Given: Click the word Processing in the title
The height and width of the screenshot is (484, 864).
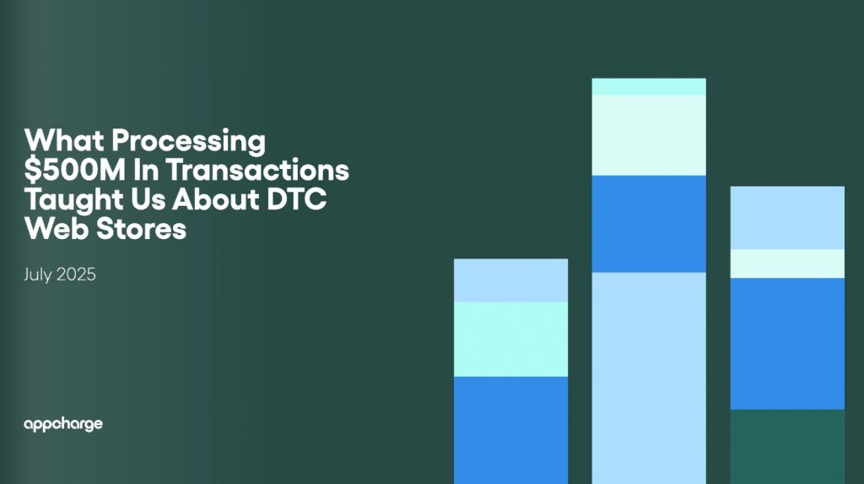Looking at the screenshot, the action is click(x=188, y=141).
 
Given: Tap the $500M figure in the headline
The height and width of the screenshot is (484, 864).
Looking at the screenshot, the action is click(x=75, y=170).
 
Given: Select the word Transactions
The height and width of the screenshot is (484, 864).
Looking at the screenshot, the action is click(x=258, y=170).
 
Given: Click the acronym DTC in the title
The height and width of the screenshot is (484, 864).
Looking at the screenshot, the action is click(x=296, y=199).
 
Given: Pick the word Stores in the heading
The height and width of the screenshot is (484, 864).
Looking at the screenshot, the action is click(x=142, y=228).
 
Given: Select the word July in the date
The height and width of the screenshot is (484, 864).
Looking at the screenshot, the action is click(x=37, y=275).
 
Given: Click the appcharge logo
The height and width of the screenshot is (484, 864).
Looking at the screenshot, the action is click(x=63, y=424).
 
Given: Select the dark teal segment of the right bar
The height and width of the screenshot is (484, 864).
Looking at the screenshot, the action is click(x=787, y=447).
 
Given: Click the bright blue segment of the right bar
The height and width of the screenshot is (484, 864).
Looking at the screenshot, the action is click(x=787, y=344).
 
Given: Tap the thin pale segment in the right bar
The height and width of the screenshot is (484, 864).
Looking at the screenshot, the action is click(x=787, y=264).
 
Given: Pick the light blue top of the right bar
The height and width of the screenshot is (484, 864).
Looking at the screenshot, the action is click(x=787, y=218).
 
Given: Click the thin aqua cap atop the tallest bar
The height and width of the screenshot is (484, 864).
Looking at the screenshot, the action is click(x=649, y=87).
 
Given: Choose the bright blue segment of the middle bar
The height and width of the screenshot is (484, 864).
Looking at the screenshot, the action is click(x=649, y=224).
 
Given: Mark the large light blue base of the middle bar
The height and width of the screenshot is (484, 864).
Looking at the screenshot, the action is click(x=649, y=378).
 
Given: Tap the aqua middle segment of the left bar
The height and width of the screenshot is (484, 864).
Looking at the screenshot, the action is click(x=510, y=340).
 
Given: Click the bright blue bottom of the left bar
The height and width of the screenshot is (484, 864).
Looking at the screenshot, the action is click(x=510, y=431).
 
